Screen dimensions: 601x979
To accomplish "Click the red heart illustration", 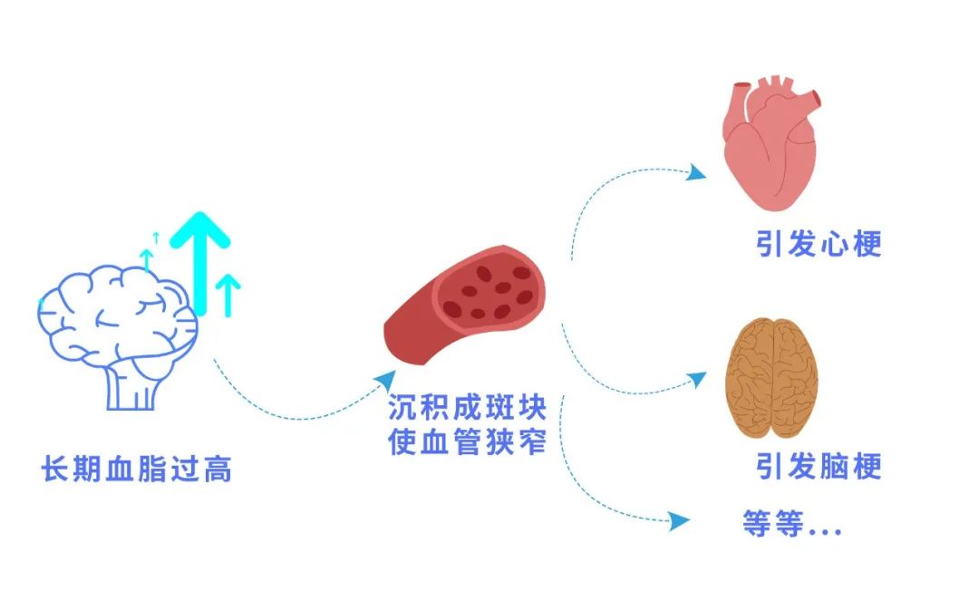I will tap(771, 145).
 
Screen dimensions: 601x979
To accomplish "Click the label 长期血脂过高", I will tap(137, 470).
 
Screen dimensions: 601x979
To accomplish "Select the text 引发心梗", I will tap(819, 245).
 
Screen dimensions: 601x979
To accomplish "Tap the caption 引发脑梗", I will tap(819, 466).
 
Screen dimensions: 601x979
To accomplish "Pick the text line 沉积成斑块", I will tap(466, 407).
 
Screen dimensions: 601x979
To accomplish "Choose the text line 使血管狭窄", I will tap(466, 442).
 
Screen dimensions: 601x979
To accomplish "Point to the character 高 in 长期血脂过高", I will tap(218, 470).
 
